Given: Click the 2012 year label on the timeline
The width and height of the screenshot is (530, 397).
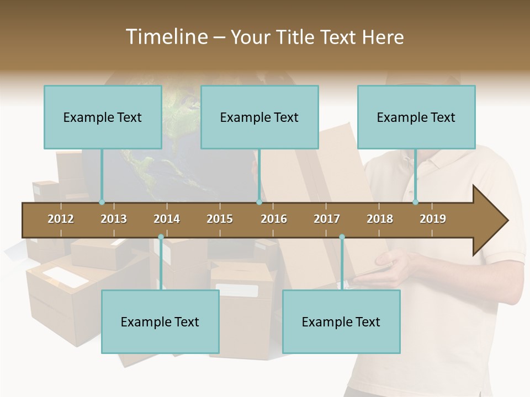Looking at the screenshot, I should click(x=61, y=219).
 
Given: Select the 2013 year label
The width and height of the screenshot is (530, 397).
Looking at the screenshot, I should click(x=114, y=219).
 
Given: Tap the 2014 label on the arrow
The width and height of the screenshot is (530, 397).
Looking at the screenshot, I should click(x=167, y=219).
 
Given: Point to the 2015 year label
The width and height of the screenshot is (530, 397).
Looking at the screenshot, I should click(x=220, y=219).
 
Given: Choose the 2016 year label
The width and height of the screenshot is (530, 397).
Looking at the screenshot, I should click(x=274, y=219).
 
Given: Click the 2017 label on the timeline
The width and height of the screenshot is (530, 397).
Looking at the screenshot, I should click(x=327, y=219).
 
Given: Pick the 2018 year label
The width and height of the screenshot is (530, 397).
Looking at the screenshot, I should click(x=380, y=219).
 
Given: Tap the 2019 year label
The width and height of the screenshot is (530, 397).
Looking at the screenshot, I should click(x=433, y=219).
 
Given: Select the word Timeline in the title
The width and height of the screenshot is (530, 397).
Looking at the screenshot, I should click(x=166, y=37).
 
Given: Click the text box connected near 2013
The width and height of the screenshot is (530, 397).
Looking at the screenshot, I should click(x=103, y=117).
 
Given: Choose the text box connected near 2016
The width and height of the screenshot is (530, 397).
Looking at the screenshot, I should click(x=259, y=117).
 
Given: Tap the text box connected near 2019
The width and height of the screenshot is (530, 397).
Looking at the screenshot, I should click(x=416, y=117).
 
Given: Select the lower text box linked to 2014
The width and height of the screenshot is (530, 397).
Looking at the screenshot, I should click(x=160, y=321).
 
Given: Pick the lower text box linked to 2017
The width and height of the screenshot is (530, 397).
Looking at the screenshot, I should click(x=341, y=321).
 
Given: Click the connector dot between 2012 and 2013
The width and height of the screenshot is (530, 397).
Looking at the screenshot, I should click(x=102, y=202).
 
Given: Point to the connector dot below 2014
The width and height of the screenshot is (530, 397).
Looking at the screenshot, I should click(x=161, y=237).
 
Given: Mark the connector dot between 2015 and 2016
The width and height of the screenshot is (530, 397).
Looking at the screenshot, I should click(x=259, y=202).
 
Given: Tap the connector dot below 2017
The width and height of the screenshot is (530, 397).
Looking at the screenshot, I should click(x=342, y=237).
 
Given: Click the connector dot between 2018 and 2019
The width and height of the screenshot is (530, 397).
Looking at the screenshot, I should click(x=415, y=202).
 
